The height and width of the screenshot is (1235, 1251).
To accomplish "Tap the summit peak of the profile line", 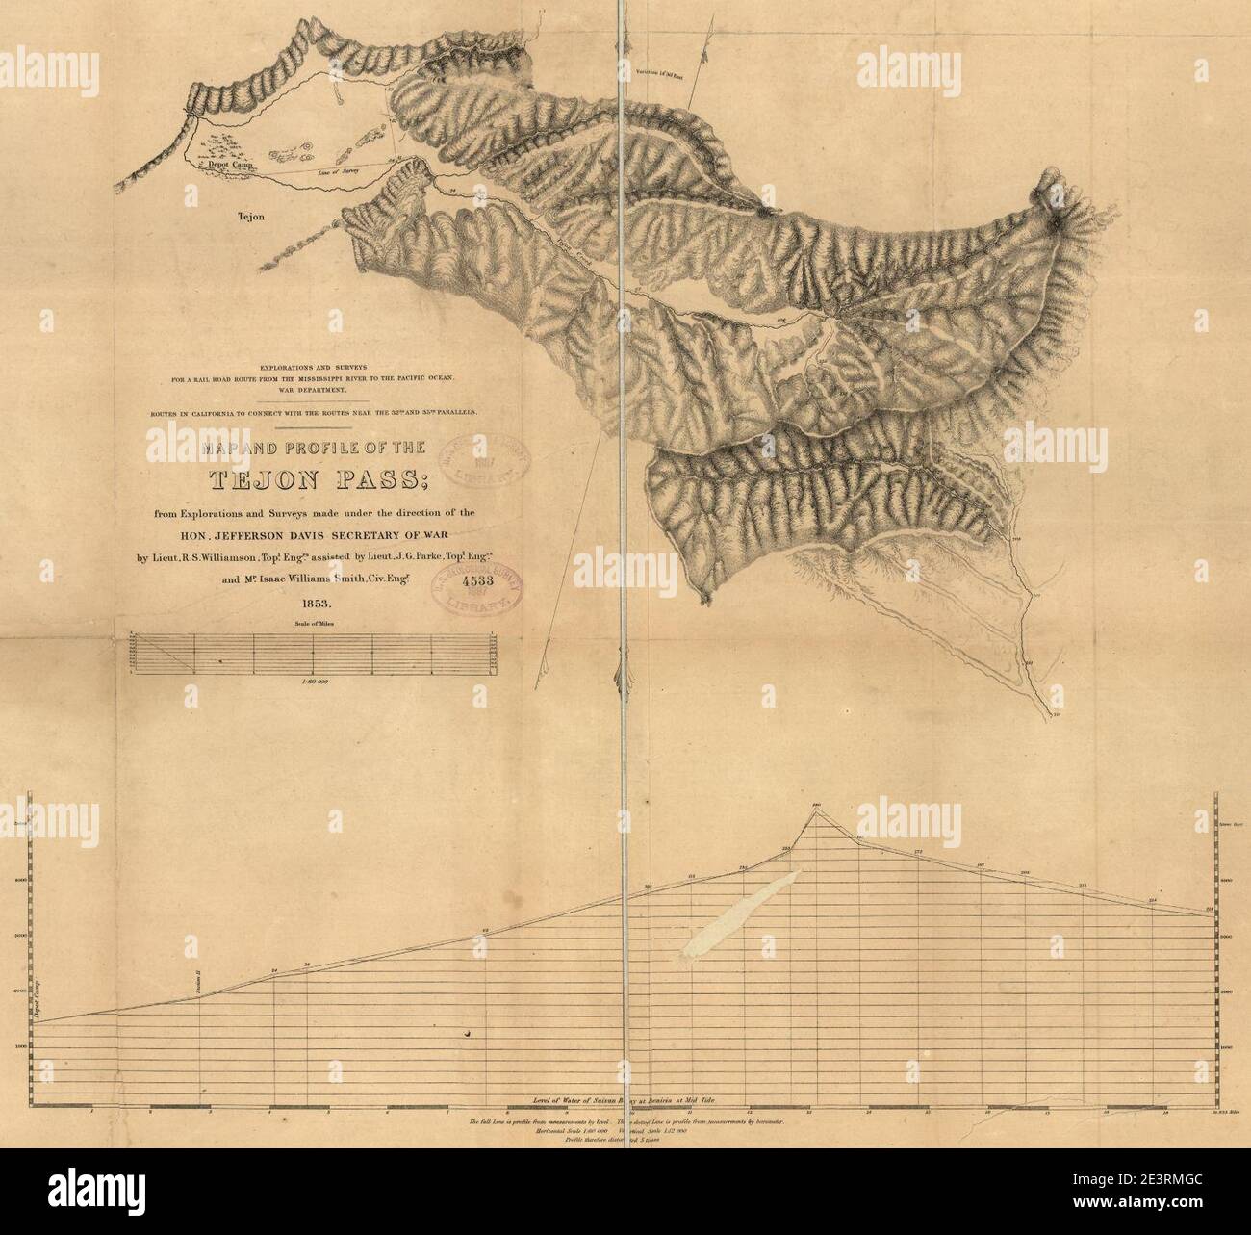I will [816, 810].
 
